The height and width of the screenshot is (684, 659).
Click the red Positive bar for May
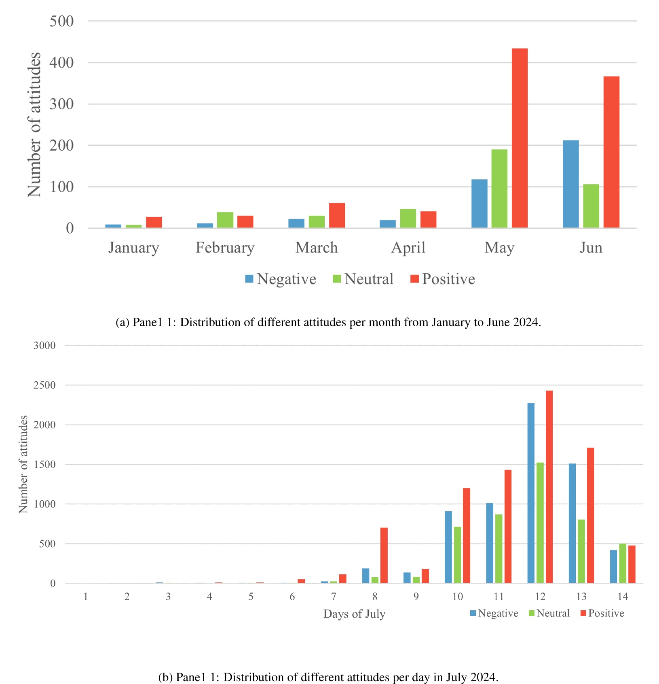point(520,138)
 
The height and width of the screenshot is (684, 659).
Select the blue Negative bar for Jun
point(570,184)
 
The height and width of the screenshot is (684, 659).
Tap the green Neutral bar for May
point(499,189)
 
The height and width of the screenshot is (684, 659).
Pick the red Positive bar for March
point(337,215)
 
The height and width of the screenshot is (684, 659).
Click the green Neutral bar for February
point(225,220)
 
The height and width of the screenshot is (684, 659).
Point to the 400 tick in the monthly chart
point(61,63)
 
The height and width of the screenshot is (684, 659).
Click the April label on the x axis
point(408,247)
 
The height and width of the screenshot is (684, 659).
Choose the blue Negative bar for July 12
point(531,493)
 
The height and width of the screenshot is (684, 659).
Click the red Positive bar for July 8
point(384,555)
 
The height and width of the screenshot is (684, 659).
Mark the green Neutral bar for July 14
point(623,563)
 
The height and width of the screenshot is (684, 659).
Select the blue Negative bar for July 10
point(448,547)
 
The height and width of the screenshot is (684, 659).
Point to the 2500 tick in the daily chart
point(44,385)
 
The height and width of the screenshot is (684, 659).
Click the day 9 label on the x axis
point(416,597)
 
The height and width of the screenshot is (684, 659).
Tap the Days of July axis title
point(354,614)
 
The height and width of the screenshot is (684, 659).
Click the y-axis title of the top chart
point(35,125)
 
